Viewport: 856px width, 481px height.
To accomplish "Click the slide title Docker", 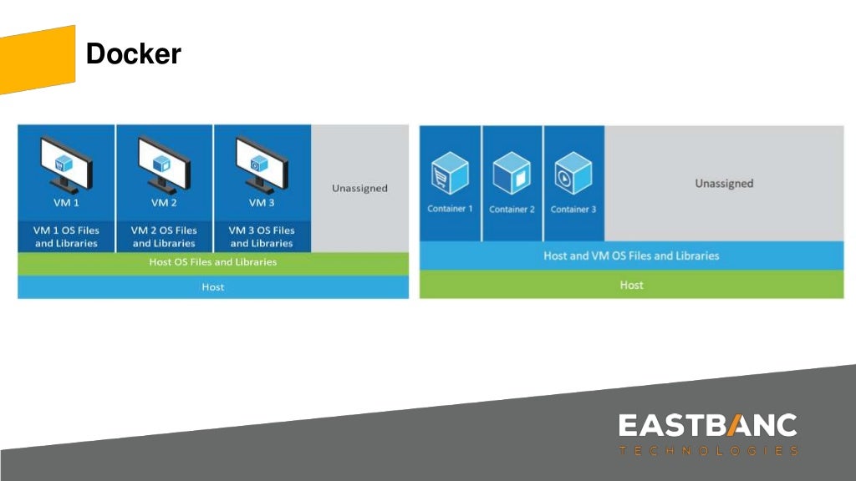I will pyautogui.click(x=133, y=54).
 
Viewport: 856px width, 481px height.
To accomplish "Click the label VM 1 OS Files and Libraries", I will pyautogui.click(x=66, y=236).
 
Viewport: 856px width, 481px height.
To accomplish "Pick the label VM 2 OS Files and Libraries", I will pyautogui.click(x=164, y=236).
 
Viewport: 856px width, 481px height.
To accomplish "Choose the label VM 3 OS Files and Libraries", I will pyautogui.click(x=262, y=236).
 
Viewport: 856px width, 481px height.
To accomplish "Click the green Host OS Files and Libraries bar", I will pyautogui.click(x=213, y=262).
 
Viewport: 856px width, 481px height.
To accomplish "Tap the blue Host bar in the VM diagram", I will pyautogui.click(x=213, y=287).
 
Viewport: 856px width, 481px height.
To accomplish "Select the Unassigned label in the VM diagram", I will pyautogui.click(x=359, y=189).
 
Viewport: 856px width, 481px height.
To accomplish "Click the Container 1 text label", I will pyautogui.click(x=450, y=209).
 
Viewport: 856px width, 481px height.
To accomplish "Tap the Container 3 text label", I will pyautogui.click(x=573, y=209).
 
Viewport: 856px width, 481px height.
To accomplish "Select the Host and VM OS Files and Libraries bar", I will pyautogui.click(x=631, y=256).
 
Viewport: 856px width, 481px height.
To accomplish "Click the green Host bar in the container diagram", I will pyautogui.click(x=631, y=285).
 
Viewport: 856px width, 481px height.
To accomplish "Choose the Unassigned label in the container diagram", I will pyautogui.click(x=724, y=184).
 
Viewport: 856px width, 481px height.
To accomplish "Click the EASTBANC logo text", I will pyautogui.click(x=707, y=425).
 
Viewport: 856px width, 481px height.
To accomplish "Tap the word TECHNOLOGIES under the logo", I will pyautogui.click(x=707, y=451).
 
